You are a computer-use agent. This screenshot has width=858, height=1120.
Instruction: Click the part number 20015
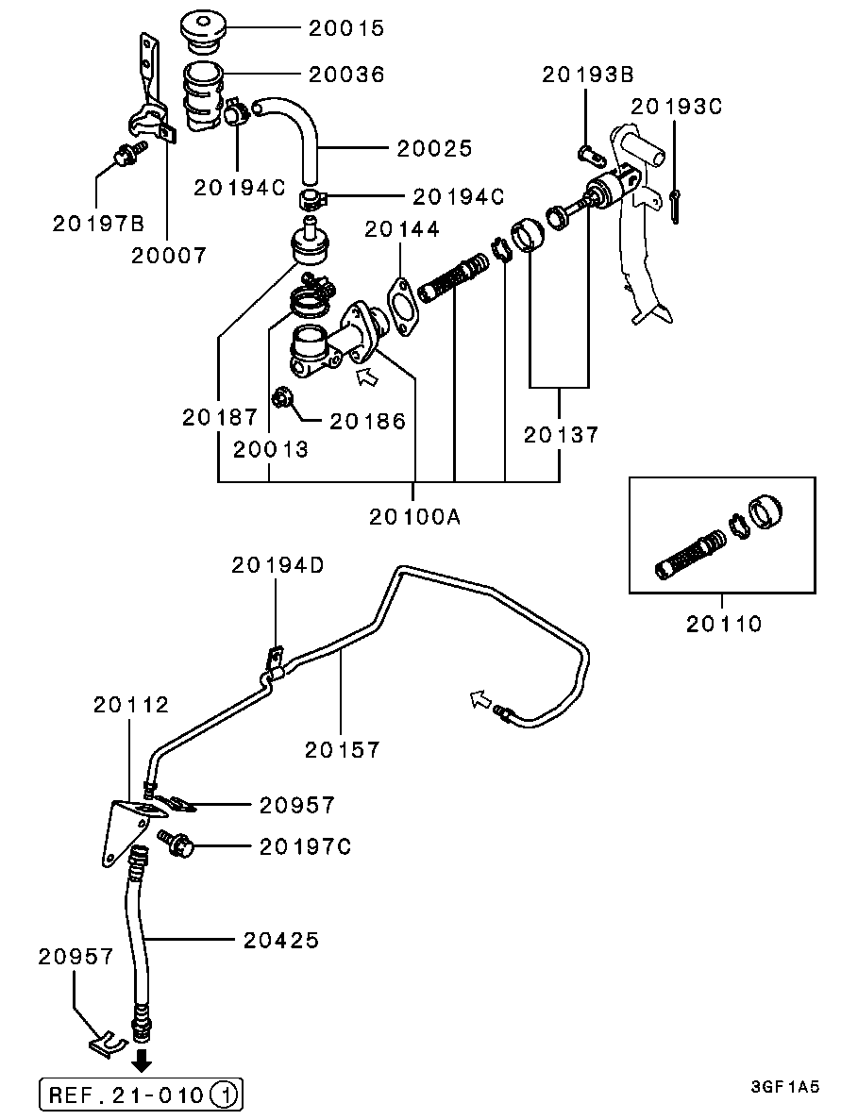pyautogui.click(x=346, y=28)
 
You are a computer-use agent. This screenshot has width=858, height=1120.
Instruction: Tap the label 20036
pyautogui.click(x=346, y=75)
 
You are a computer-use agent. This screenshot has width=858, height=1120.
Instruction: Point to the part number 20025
pyautogui.click(x=434, y=148)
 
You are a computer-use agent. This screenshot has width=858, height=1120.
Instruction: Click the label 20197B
pyautogui.click(x=98, y=224)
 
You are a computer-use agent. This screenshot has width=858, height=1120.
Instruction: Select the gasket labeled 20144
pyautogui.click(x=403, y=308)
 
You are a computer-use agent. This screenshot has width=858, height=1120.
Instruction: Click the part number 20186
pyautogui.click(x=367, y=422)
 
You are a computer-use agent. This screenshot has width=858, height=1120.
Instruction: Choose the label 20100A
pyautogui.click(x=415, y=516)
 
